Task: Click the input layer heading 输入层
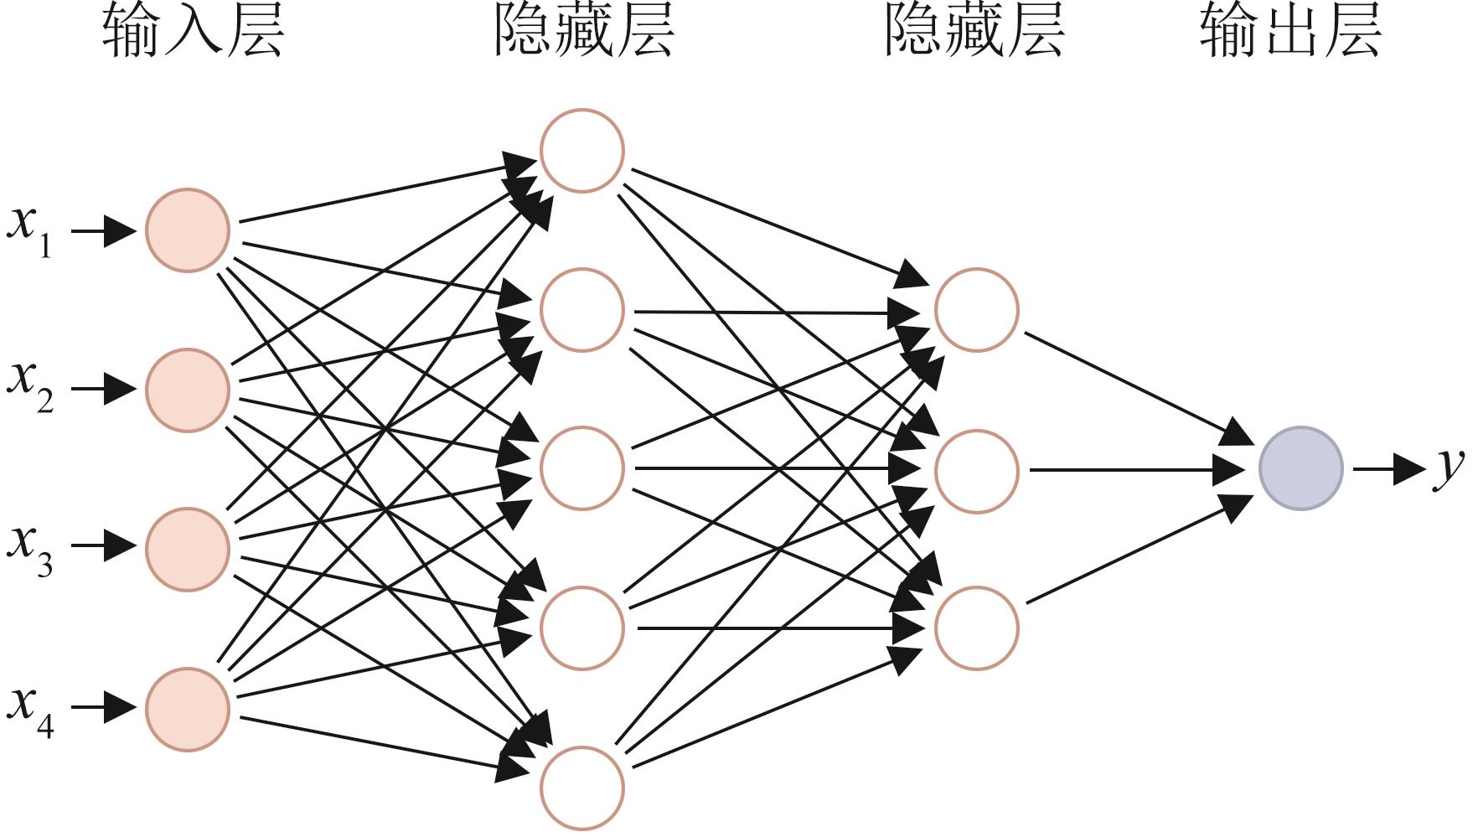[x=194, y=31]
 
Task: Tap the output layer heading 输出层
[x=1290, y=31]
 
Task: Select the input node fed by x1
[x=188, y=230]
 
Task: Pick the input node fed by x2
[x=188, y=390]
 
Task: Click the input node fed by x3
[x=188, y=550]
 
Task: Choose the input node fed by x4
[x=188, y=709]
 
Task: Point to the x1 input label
[x=30, y=230]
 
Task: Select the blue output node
[x=1301, y=468]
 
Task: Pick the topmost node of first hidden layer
[x=582, y=151]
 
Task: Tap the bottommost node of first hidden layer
[x=582, y=788]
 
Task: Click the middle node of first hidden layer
[x=582, y=468]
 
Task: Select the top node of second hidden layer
[x=977, y=310]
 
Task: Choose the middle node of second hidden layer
[x=977, y=471]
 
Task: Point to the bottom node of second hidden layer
[x=977, y=628]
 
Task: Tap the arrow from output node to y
[x=1389, y=468]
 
